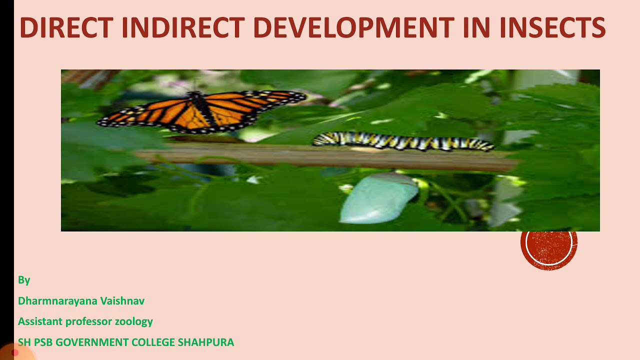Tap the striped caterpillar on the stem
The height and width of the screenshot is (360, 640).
pyautogui.click(x=402, y=141)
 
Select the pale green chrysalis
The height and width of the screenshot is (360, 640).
pyautogui.click(x=378, y=197)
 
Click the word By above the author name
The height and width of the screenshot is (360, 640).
pyautogui.click(x=24, y=280)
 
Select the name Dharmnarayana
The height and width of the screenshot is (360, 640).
pyautogui.click(x=57, y=301)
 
